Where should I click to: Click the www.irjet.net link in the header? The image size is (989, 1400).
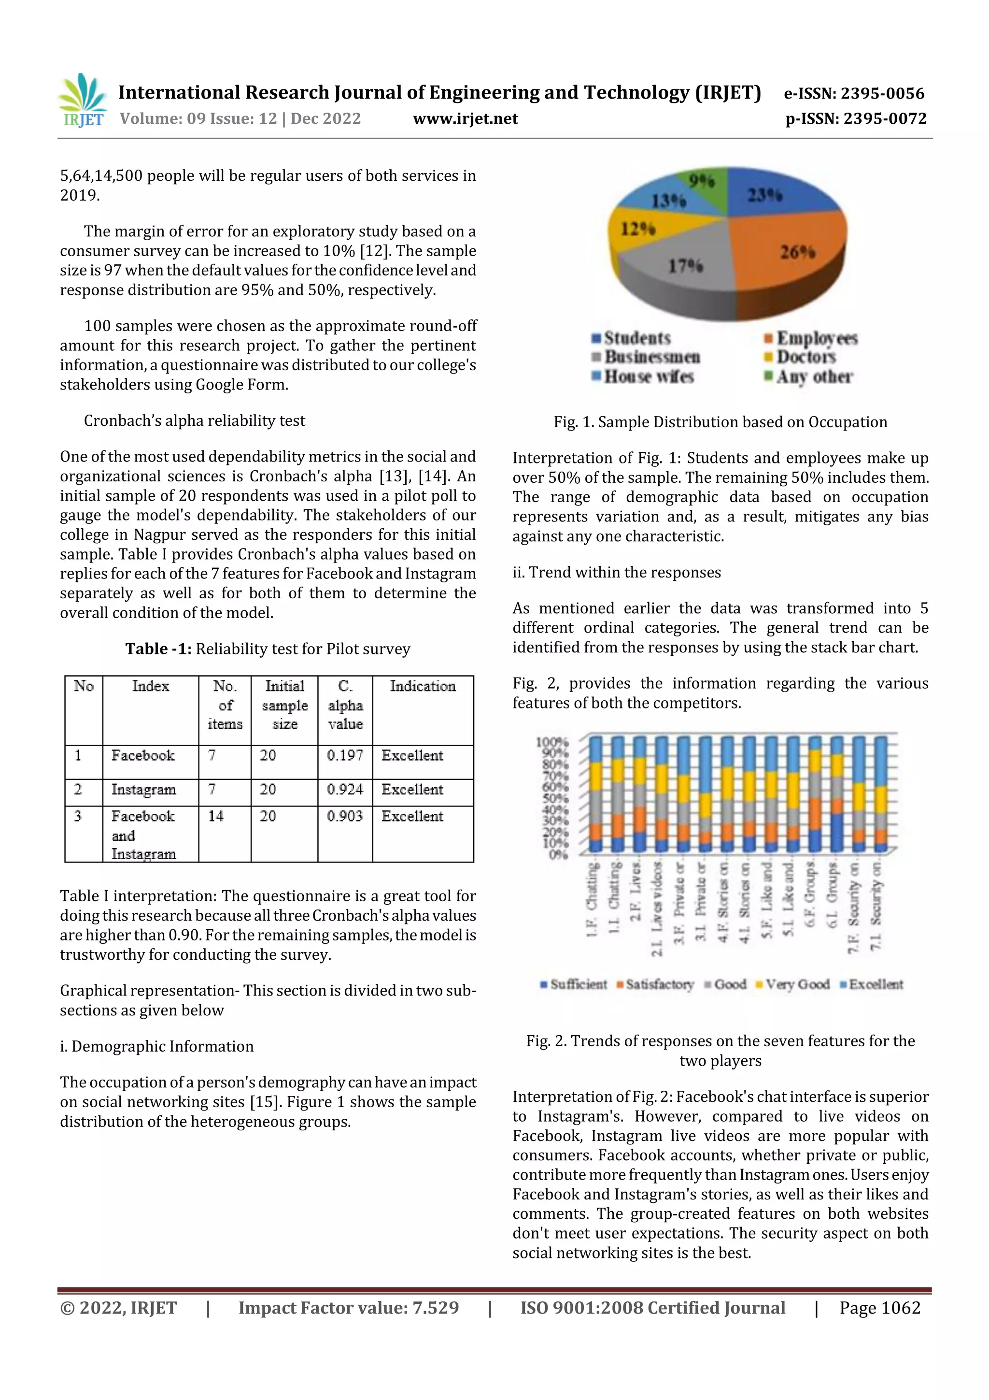tap(465, 119)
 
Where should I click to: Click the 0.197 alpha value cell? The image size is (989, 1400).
tap(344, 755)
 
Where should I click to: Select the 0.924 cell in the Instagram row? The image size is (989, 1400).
tap(344, 790)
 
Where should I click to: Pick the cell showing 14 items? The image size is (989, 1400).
tap(216, 816)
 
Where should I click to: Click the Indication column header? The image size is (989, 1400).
tap(422, 687)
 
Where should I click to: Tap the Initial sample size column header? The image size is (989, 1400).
tap(284, 705)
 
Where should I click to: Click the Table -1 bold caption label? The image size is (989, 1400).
tap(158, 649)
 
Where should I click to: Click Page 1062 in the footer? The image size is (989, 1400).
tap(879, 1308)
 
